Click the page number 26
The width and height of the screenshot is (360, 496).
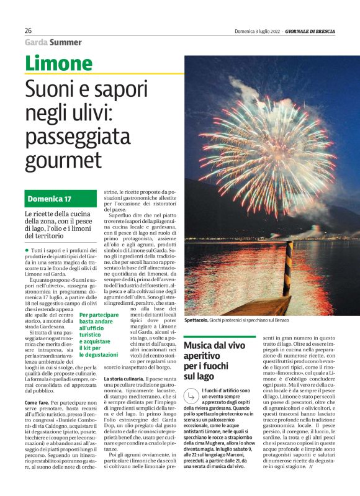tap(29, 30)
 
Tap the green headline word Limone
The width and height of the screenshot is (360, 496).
tap(58, 64)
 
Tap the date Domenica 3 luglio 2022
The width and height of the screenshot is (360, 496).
tap(257, 31)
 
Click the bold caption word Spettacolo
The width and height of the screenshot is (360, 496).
tap(197, 320)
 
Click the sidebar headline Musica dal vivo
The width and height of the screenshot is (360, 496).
tap(215, 345)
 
